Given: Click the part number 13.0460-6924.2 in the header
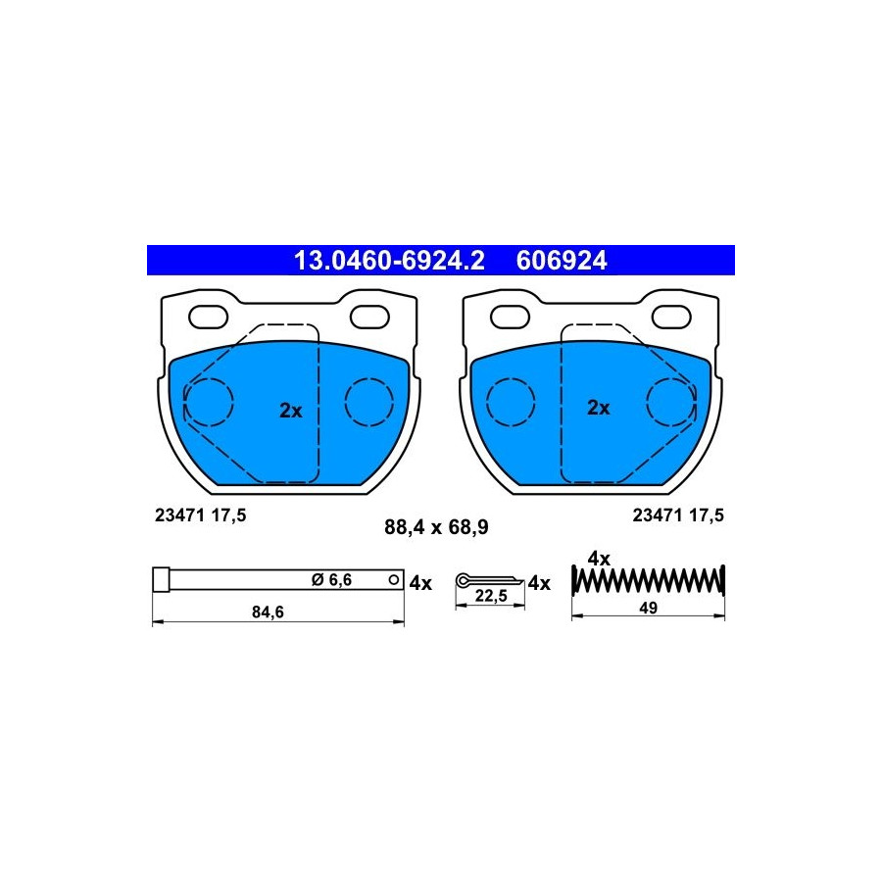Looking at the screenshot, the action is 389,261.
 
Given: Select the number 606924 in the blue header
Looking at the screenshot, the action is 562,261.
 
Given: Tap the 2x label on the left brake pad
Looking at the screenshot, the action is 291,411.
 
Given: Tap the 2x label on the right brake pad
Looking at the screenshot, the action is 598,408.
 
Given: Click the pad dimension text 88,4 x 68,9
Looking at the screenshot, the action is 436,527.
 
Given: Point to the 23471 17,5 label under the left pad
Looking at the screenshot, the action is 200,515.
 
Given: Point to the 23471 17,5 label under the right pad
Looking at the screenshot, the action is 678,515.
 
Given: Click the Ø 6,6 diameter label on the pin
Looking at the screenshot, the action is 331,580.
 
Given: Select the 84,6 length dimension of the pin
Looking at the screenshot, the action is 268,612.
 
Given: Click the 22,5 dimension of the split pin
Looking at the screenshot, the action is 491,596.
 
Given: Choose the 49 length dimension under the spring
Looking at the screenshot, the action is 648,608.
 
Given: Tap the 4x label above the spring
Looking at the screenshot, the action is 599,559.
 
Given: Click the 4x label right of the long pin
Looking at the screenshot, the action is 420,583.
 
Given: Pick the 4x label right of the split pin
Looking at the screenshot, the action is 539,583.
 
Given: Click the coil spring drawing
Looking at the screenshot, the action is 648,580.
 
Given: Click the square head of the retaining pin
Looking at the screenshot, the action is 161,579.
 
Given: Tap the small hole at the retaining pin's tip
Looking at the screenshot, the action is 394,579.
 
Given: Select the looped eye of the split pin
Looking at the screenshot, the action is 463,580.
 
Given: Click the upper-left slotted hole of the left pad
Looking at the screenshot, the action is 208,318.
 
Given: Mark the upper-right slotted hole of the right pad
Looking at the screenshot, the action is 671,318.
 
